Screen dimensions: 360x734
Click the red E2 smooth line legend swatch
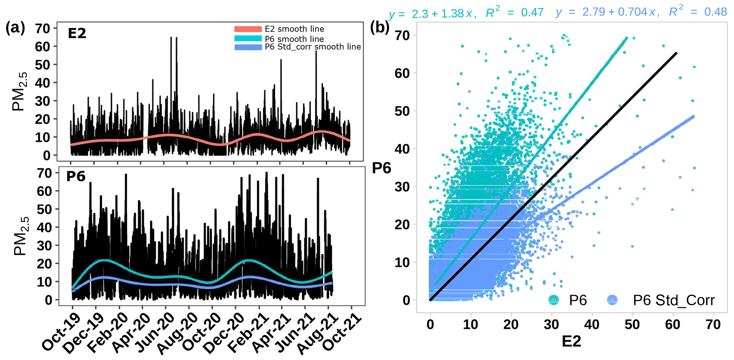(x=248, y=29)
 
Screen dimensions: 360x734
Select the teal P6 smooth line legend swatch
(x=248, y=38)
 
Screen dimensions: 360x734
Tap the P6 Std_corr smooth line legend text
(x=312, y=47)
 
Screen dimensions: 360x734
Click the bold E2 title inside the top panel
(x=77, y=34)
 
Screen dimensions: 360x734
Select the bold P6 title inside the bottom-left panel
(x=76, y=176)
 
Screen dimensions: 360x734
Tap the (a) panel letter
(x=15, y=28)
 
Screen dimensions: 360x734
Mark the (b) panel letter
(x=380, y=28)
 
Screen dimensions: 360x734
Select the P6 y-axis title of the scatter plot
(x=381, y=168)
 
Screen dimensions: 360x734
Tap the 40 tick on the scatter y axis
(x=402, y=149)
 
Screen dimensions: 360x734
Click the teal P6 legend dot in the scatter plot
(x=553, y=300)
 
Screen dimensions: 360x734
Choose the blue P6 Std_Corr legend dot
(x=612, y=300)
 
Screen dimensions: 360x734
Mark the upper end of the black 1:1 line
(x=676, y=53)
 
